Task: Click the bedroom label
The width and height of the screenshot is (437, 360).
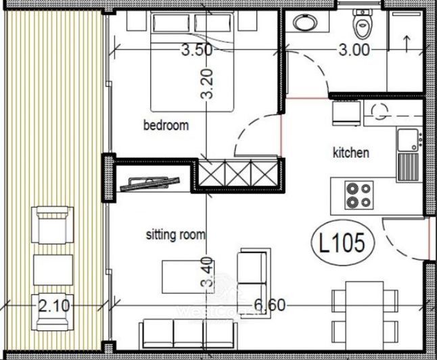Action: (166, 125)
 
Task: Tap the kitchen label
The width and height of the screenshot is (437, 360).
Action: (351, 153)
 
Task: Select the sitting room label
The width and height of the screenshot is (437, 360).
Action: (176, 235)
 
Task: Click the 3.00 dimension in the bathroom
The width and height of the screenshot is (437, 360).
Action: (354, 49)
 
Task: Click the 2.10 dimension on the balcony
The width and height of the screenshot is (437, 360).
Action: (55, 306)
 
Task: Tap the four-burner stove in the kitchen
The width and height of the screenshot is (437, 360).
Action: (358, 195)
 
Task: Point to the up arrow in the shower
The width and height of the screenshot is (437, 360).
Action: (405, 42)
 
